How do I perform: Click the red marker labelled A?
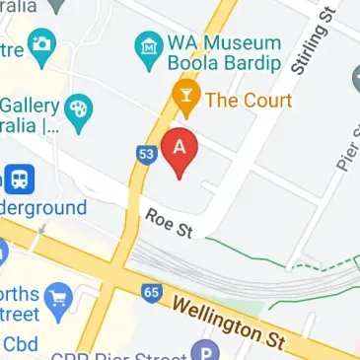[x=180, y=149]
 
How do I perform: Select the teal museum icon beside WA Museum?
[x=148, y=46]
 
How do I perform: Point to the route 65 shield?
[x=151, y=293]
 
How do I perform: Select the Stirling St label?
[x=312, y=44]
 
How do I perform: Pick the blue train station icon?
[x=19, y=179]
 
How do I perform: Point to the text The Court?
[x=249, y=100]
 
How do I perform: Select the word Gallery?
[x=29, y=106]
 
